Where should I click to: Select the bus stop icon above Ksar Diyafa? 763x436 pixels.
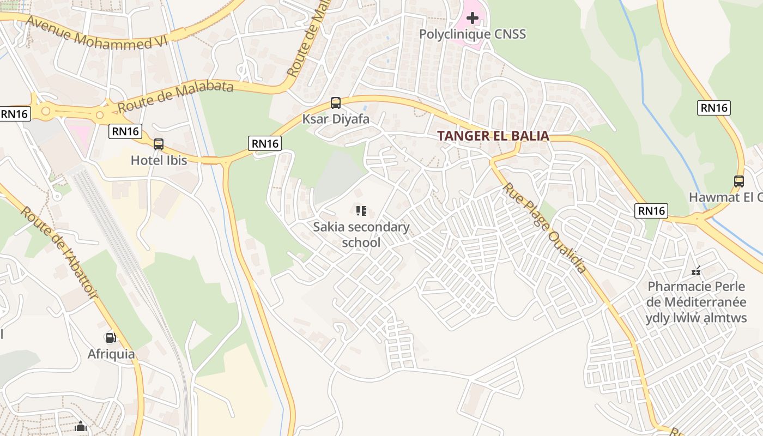[336, 102]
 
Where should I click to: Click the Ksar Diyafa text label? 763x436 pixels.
[336, 119]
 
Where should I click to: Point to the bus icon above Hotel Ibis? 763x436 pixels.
[159, 144]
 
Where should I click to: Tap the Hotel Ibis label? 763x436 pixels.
[159, 160]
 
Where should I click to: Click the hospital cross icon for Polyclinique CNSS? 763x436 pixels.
[473, 18]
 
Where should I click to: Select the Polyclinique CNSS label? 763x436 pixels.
[473, 34]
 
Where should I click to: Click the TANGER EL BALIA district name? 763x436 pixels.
[493, 136]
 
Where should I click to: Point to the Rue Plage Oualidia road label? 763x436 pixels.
[543, 228]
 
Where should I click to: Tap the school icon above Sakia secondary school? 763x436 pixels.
[361, 210]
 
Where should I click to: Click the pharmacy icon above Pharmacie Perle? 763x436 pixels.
[696, 270]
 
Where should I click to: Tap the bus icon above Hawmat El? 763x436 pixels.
[739, 181]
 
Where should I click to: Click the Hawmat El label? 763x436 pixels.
[725, 197]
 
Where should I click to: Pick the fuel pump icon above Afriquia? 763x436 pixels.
[111, 338]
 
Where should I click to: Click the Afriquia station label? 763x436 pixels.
[111, 354]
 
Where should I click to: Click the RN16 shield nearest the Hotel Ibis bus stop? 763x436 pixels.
[125, 131]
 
